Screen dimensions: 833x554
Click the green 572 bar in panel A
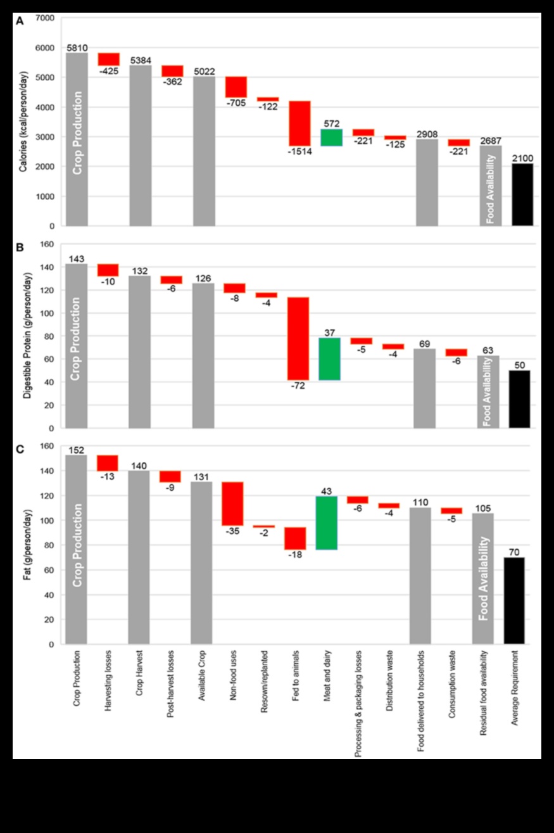tap(331, 137)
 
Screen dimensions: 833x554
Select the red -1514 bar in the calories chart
tap(299, 124)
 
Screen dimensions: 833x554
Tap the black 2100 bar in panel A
tap(522, 194)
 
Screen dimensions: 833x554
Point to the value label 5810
tap(77, 48)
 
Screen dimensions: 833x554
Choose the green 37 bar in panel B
tap(329, 359)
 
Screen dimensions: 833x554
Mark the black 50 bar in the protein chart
tap(519, 399)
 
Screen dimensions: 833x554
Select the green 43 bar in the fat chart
tap(327, 523)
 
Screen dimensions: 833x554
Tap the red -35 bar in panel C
tap(232, 504)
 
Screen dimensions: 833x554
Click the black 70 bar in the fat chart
tap(514, 601)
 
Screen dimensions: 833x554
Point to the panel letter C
tap(20, 449)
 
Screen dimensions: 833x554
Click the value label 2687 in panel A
tap(491, 140)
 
